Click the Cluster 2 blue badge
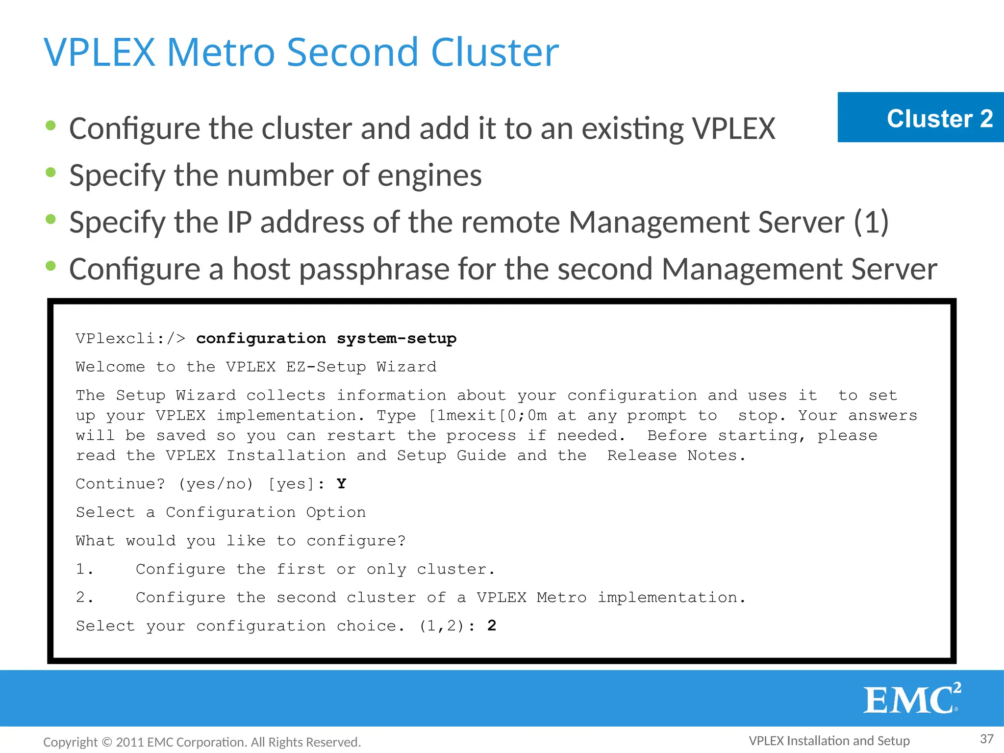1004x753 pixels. point(920,118)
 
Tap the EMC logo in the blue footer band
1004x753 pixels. point(911,699)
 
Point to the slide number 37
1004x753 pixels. point(986,739)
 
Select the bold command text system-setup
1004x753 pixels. point(396,338)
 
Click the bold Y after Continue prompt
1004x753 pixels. point(341,484)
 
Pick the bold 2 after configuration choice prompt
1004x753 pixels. point(492,626)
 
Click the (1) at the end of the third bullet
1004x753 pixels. point(871,222)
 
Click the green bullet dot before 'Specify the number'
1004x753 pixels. point(50,173)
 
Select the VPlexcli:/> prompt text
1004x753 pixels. point(130,338)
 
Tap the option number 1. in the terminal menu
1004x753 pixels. point(84,569)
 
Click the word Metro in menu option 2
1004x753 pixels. point(561,598)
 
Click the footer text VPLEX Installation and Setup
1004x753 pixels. point(829,741)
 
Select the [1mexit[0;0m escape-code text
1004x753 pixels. point(488,416)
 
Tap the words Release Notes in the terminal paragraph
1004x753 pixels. point(676,455)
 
